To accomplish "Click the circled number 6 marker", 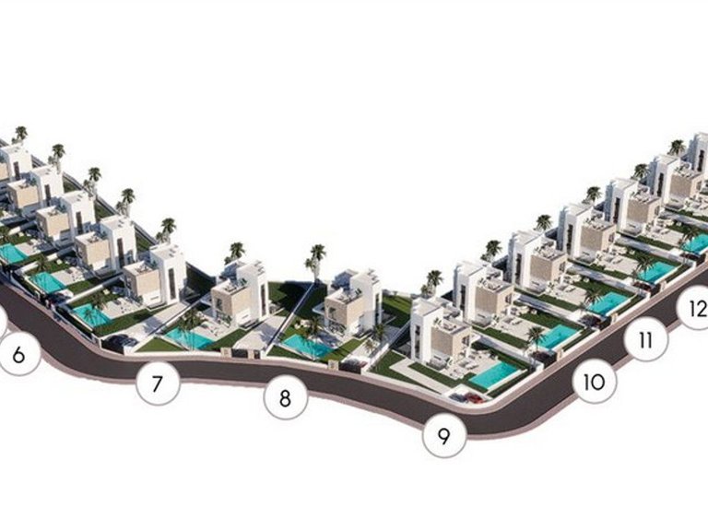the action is pyautogui.click(x=18, y=355).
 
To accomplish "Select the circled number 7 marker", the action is pyautogui.click(x=158, y=383).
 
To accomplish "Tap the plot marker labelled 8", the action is pyautogui.click(x=286, y=398).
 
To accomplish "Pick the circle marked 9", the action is pyautogui.click(x=444, y=436).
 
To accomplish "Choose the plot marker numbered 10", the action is pyautogui.click(x=594, y=382).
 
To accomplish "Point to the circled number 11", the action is pyautogui.click(x=645, y=339).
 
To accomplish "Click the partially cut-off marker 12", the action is pyautogui.click(x=694, y=309).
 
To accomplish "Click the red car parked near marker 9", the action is pyautogui.click(x=474, y=398).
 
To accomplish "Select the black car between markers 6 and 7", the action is pyautogui.click(x=122, y=342).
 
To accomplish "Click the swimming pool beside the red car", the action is pyautogui.click(x=493, y=375).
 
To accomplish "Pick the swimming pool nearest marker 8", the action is pyautogui.click(x=307, y=346).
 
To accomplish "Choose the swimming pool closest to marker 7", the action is pyautogui.click(x=190, y=337).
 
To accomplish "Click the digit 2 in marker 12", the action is pyautogui.click(x=701, y=309).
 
